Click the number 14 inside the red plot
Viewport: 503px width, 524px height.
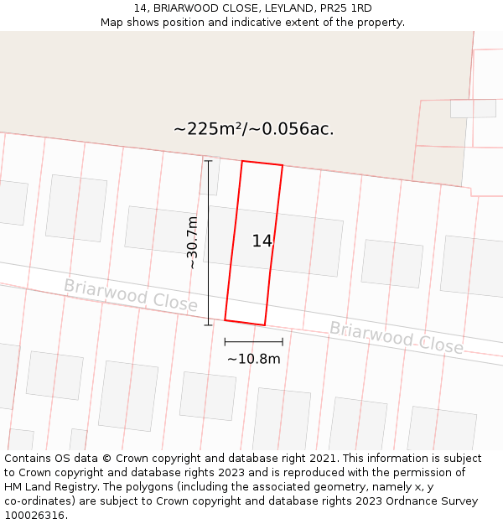tap(262, 241)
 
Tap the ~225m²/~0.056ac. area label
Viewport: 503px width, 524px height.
tap(253, 129)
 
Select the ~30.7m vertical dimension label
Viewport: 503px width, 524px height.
tap(193, 242)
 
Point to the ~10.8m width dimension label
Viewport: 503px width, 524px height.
tap(253, 359)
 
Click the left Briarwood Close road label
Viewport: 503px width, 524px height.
tap(130, 295)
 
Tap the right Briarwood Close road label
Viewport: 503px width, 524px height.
tap(396, 336)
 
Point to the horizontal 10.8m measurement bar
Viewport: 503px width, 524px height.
tap(253, 341)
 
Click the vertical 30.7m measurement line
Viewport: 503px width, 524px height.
tap(209, 242)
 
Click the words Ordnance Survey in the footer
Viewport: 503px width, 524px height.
tap(436, 501)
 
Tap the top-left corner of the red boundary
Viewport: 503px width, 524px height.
tap(242, 161)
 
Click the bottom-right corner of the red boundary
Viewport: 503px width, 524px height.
tap(265, 325)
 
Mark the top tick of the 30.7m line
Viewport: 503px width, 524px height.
tap(209, 160)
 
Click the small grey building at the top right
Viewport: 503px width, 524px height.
tap(473, 108)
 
